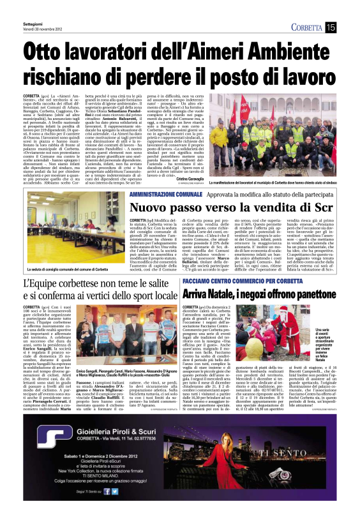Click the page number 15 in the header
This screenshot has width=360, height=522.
tap(331, 27)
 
